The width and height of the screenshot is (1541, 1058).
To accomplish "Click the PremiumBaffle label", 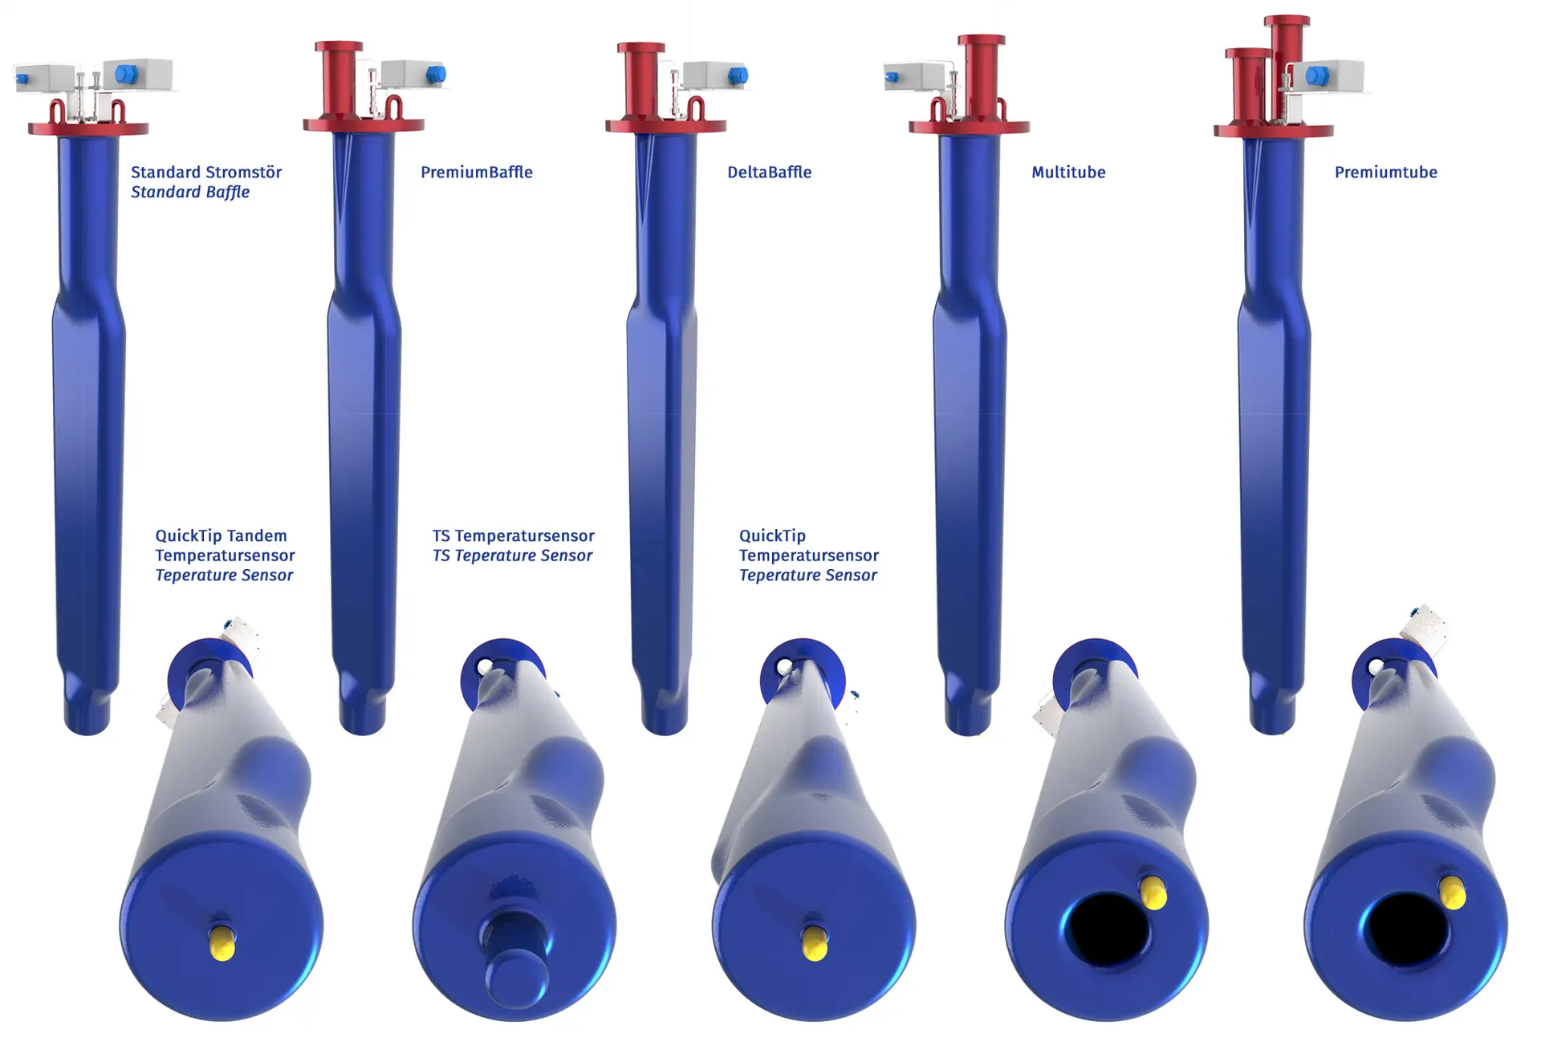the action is (x=477, y=172).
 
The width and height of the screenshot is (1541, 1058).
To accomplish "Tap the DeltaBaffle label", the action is (x=769, y=172).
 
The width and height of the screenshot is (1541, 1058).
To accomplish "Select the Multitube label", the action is (x=1068, y=172).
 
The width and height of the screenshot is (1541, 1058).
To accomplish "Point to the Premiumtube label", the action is (x=1385, y=172).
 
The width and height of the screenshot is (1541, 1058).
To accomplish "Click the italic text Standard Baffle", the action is (x=190, y=192).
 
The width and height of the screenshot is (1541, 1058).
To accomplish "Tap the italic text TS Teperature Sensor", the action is (x=512, y=555).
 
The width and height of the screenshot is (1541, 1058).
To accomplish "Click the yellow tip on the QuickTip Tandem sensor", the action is (x=222, y=942).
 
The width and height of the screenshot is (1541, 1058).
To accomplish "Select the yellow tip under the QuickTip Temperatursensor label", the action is (x=815, y=943).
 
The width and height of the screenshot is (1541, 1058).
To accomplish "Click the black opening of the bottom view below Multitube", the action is (x=1107, y=929).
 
